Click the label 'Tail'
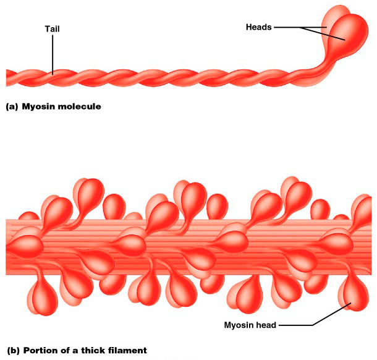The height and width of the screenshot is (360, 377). pos(53,28)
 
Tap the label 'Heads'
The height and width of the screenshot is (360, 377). pos(259,27)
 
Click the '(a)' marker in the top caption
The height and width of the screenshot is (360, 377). pos(11,106)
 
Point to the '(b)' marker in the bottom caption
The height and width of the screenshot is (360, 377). pos(11,351)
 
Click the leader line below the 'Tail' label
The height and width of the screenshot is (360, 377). pos(53,53)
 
